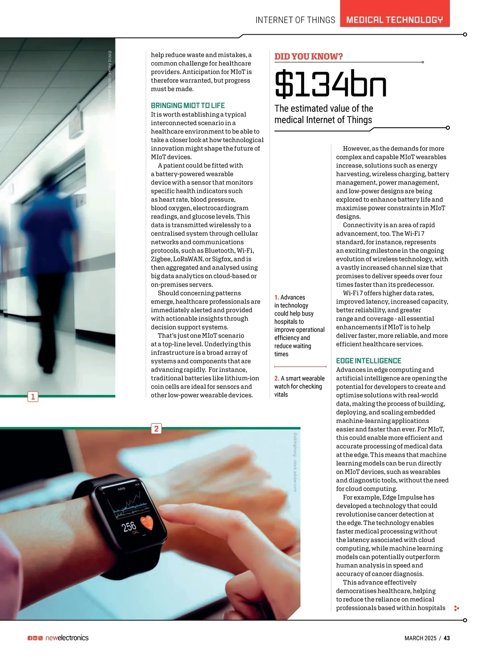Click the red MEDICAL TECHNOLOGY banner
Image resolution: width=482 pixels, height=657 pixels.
(x=394, y=19)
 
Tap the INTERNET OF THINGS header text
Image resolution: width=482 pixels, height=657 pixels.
(x=295, y=20)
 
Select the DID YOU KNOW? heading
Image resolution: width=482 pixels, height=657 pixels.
(x=308, y=56)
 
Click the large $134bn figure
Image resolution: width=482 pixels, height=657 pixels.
(x=331, y=84)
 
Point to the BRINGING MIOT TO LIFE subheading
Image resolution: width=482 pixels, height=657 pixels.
(x=188, y=105)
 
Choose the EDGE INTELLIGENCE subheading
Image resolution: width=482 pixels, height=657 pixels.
(x=368, y=361)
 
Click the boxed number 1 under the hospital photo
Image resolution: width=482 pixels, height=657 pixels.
(x=33, y=397)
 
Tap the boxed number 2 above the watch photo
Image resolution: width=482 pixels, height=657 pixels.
(x=156, y=429)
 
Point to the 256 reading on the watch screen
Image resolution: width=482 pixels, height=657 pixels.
(x=129, y=526)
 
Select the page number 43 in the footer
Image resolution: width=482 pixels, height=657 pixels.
(x=447, y=638)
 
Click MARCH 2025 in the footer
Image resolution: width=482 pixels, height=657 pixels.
(x=420, y=638)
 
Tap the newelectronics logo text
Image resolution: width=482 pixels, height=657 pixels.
(x=67, y=638)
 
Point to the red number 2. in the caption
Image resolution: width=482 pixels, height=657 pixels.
(x=277, y=378)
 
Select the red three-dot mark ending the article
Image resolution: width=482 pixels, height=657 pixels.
(x=456, y=608)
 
